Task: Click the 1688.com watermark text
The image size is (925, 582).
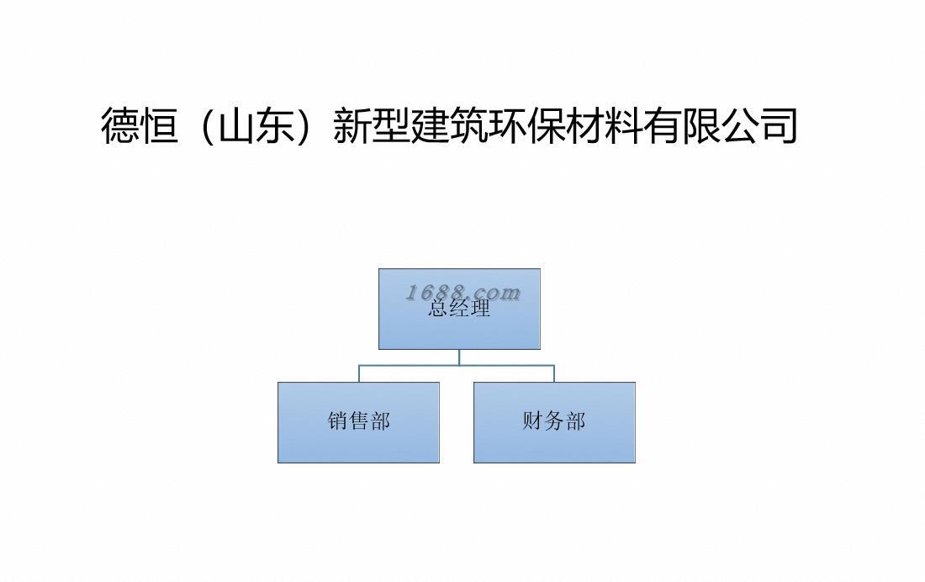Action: (x=463, y=292)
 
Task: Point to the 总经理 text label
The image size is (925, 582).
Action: (x=459, y=309)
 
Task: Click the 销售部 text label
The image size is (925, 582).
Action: (x=359, y=421)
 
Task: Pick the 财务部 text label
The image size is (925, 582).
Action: (x=554, y=421)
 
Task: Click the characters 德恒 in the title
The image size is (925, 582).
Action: (x=139, y=125)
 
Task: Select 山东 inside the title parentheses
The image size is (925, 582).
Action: (x=256, y=125)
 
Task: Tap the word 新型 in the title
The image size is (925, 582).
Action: (x=371, y=125)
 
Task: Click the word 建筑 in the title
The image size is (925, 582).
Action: (x=448, y=125)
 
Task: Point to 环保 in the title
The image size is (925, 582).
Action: (x=526, y=125)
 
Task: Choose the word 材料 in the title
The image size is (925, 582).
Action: (x=604, y=125)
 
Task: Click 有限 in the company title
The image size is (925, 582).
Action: (x=681, y=125)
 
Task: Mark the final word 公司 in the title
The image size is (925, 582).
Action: (x=759, y=125)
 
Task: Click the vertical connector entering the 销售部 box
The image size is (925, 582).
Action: (x=359, y=373)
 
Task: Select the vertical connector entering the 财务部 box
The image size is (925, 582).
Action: (x=554, y=373)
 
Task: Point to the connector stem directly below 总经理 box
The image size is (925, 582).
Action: (x=459, y=357)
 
